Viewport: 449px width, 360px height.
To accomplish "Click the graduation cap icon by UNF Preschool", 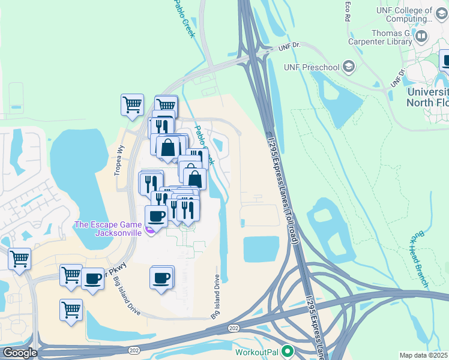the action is coord(348,67).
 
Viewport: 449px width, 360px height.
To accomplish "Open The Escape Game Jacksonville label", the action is coord(108,229).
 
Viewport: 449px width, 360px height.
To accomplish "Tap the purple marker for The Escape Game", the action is coord(151,230).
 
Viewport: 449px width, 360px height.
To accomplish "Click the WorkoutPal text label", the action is coord(258,351).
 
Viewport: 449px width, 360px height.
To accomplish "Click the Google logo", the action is coord(20,353).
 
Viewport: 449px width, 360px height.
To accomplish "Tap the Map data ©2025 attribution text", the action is coord(424,355).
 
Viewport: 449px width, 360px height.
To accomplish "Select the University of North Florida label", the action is coord(427,97).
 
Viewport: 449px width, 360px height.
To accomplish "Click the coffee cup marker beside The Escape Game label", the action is coord(156,215).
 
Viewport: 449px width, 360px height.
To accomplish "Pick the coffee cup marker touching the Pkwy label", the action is coord(92,279).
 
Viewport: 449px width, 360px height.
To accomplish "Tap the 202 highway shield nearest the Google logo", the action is coord(134,350).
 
